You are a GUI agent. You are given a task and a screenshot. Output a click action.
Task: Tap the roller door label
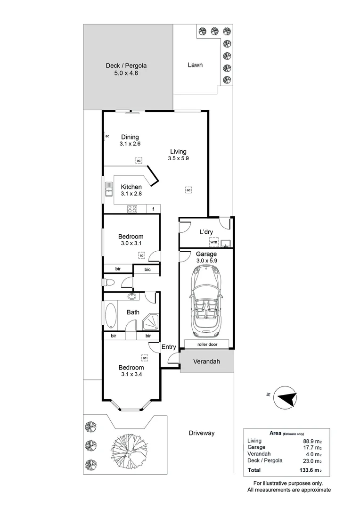click(x=207, y=345)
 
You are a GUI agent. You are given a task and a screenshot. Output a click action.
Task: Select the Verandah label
click(x=206, y=361)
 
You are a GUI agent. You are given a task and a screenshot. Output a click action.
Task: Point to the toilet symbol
click(x=108, y=282)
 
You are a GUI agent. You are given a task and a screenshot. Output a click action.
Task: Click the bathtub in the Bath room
click(x=111, y=316)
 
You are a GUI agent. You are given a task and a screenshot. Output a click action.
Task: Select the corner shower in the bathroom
click(x=151, y=322)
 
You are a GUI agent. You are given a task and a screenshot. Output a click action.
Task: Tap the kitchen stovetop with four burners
click(x=132, y=209)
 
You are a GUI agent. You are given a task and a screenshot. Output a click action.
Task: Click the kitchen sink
click(x=109, y=189)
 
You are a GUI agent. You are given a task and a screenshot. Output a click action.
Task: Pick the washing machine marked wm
click(x=213, y=242)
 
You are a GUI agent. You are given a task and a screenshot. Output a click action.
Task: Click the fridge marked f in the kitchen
click(x=154, y=209)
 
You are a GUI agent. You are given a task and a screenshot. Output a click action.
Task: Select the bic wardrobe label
click(x=147, y=270)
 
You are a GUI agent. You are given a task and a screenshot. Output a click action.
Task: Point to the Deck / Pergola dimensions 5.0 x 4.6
click(x=126, y=73)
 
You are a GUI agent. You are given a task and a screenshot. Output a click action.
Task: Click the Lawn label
click(x=195, y=65)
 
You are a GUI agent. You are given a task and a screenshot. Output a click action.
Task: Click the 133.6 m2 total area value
click(x=311, y=470)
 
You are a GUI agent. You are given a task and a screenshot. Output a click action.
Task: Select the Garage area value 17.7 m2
click(x=312, y=447)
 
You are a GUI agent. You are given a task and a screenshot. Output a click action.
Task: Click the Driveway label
click(x=202, y=433)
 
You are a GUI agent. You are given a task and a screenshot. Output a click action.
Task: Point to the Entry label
click(x=169, y=347)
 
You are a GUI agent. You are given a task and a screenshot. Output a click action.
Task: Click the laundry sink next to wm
click(x=226, y=243)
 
